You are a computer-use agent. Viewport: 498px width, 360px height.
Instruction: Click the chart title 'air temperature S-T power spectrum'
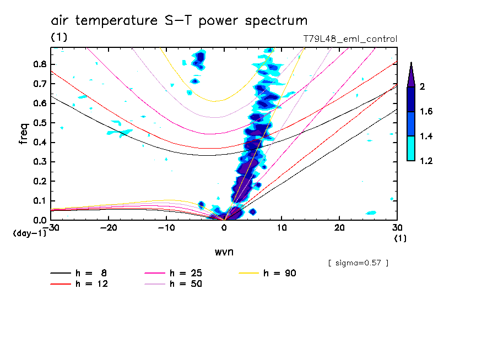click(179, 21)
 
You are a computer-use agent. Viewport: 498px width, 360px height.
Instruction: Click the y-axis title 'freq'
click(24, 133)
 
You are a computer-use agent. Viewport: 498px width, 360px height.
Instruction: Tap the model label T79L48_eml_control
click(350, 39)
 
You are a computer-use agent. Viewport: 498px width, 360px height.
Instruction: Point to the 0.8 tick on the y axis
click(39, 64)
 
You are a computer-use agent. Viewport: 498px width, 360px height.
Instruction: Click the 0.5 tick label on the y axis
click(39, 123)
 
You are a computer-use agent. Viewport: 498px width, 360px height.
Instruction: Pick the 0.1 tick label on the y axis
click(39, 201)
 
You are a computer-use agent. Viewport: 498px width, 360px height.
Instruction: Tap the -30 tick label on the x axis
click(51, 227)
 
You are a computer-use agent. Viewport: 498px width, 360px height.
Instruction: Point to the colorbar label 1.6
click(426, 112)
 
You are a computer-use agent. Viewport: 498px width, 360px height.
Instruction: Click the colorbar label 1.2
click(426, 161)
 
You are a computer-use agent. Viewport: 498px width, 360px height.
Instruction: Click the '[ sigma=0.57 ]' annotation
click(358, 263)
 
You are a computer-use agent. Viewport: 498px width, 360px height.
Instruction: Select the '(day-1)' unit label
click(29, 233)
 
